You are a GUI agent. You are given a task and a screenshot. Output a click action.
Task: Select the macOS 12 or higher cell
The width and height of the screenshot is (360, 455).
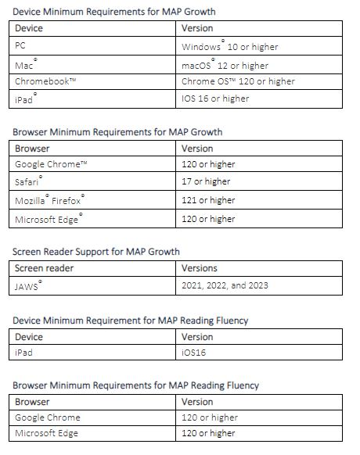pyautogui.click(x=225, y=65)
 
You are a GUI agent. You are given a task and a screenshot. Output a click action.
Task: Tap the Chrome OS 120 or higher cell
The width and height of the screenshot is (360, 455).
pyautogui.click(x=238, y=81)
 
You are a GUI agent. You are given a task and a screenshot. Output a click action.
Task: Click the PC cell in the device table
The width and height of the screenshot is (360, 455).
pyautogui.click(x=20, y=46)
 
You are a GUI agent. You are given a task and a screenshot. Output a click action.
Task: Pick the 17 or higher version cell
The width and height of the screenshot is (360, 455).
pyautogui.click(x=206, y=181)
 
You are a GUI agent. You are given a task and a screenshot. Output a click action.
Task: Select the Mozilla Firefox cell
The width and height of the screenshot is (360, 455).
pyautogui.click(x=49, y=200)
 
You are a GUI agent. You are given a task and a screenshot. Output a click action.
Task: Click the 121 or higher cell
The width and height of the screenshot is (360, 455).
pyautogui.click(x=208, y=200)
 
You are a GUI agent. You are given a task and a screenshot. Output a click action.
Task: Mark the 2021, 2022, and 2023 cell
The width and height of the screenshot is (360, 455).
pyautogui.click(x=225, y=285)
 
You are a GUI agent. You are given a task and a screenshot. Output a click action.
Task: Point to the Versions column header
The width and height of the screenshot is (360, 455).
pyautogui.click(x=200, y=267)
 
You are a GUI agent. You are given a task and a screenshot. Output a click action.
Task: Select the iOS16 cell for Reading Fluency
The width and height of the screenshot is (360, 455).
pyautogui.click(x=195, y=353)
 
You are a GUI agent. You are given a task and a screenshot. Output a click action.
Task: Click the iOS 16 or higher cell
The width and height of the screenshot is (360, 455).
pyautogui.click(x=215, y=99)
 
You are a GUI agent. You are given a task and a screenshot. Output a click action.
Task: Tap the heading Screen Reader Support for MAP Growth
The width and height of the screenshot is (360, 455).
pyautogui.click(x=96, y=252)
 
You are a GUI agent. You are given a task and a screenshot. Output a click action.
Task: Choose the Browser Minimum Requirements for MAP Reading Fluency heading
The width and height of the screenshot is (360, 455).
pyautogui.click(x=135, y=385)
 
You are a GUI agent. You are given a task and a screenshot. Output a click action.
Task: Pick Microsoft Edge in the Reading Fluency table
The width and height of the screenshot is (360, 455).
pyautogui.click(x=47, y=433)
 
